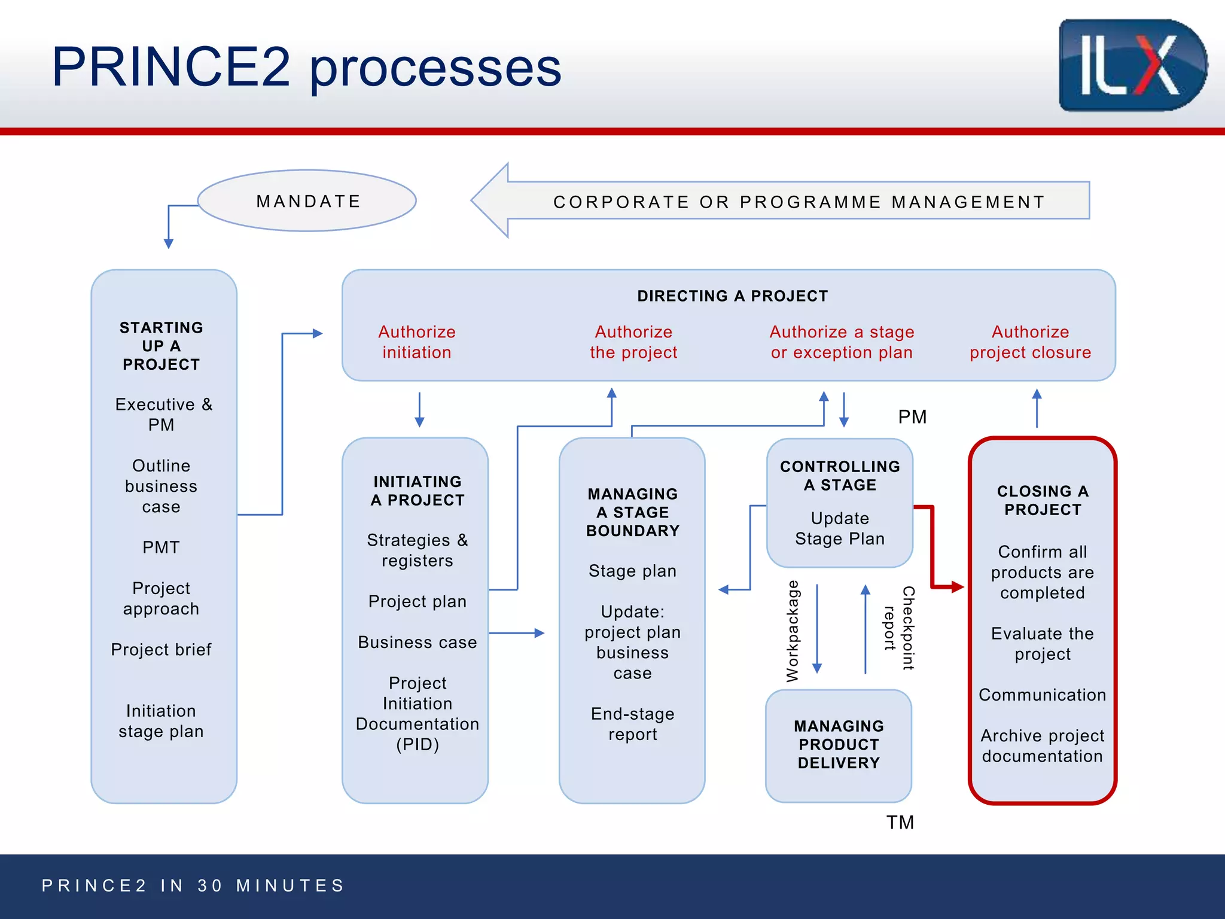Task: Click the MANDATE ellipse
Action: coord(307,201)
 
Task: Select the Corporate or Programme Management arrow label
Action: coord(799,202)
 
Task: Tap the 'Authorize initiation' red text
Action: coord(417,342)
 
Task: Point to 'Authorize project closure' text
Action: coord(1030,342)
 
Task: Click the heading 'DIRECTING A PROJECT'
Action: coord(732,296)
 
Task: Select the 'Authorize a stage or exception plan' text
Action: coord(842,342)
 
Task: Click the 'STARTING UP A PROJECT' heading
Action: coord(161,346)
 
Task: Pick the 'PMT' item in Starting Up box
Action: coord(161,547)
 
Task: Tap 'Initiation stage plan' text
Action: coord(161,721)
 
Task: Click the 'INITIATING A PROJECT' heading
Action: coord(417,491)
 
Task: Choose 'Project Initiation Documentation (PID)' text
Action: coord(417,713)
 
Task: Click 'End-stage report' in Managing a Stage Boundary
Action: coord(632,724)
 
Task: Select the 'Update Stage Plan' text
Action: coord(840,528)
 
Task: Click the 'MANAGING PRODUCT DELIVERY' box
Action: coord(839,744)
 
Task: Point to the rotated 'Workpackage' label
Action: coord(793,631)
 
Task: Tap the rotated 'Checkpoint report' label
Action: coord(900,628)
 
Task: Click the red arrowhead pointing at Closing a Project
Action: coord(957,587)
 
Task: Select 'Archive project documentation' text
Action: coord(1042,745)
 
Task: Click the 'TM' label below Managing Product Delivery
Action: coord(900,823)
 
